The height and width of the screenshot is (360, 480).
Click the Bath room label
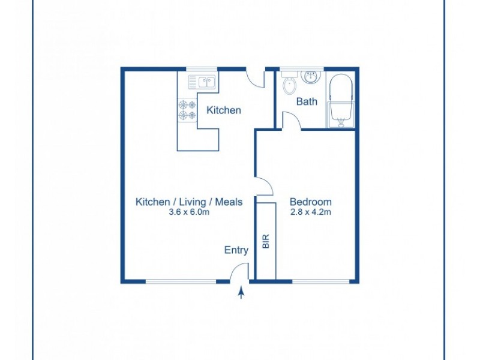click(307, 101)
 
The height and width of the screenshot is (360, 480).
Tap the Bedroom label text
click(310, 202)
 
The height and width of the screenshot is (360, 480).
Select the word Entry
click(236, 250)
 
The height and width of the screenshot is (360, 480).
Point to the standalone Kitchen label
click(224, 110)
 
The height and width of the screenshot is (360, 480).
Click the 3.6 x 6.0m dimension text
click(188, 212)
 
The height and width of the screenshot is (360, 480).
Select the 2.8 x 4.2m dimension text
click(310, 212)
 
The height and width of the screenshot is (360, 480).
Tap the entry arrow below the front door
click(241, 293)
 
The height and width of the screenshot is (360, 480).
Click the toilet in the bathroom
click(289, 84)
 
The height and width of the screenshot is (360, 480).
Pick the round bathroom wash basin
click(311, 77)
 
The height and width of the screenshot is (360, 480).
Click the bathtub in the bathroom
click(341, 101)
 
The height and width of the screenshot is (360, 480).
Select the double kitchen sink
click(202, 82)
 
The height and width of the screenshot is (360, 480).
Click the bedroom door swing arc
click(262, 187)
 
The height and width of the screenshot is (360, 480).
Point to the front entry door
click(240, 271)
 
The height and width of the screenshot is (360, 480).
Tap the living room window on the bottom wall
click(181, 281)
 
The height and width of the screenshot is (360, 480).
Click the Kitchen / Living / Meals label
click(188, 202)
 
